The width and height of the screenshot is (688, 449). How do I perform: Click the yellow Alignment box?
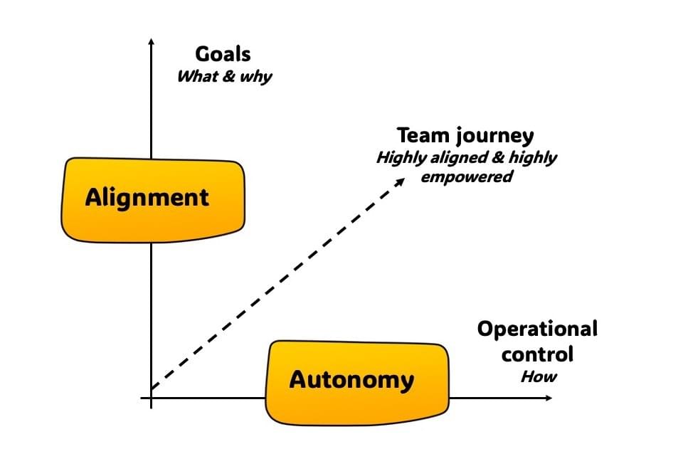(x=153, y=199)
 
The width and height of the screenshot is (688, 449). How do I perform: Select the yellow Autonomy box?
(x=357, y=381)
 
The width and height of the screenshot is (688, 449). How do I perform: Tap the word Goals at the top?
(x=223, y=54)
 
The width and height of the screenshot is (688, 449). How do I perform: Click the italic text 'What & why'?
(x=224, y=75)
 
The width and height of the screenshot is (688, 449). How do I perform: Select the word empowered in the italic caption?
(x=466, y=176)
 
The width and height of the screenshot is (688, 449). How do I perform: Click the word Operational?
(x=537, y=329)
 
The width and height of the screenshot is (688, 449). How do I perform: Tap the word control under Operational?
(x=537, y=353)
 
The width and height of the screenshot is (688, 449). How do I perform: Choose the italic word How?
(x=538, y=376)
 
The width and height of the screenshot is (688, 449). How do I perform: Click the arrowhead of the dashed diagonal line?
(x=401, y=181)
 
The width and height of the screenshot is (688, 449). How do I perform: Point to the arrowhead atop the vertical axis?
(x=151, y=41)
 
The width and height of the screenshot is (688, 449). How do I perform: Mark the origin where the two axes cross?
(x=151, y=397)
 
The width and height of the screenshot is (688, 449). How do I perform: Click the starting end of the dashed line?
(x=154, y=388)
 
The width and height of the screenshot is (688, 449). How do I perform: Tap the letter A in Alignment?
(x=93, y=197)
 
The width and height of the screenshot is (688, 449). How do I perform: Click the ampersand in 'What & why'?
(x=228, y=75)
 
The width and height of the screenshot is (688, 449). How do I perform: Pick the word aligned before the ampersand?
(x=460, y=157)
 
